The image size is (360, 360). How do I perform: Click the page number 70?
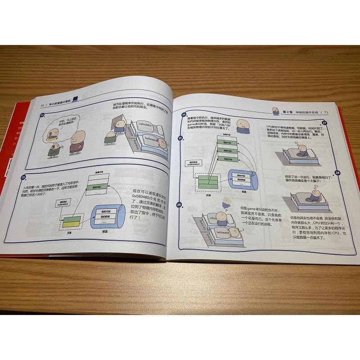[42, 105]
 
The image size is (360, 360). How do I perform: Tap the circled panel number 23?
[23, 178]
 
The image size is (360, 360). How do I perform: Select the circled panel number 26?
[179, 205]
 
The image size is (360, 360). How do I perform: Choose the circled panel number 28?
[337, 173]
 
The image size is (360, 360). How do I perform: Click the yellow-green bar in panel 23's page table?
[72, 221]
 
